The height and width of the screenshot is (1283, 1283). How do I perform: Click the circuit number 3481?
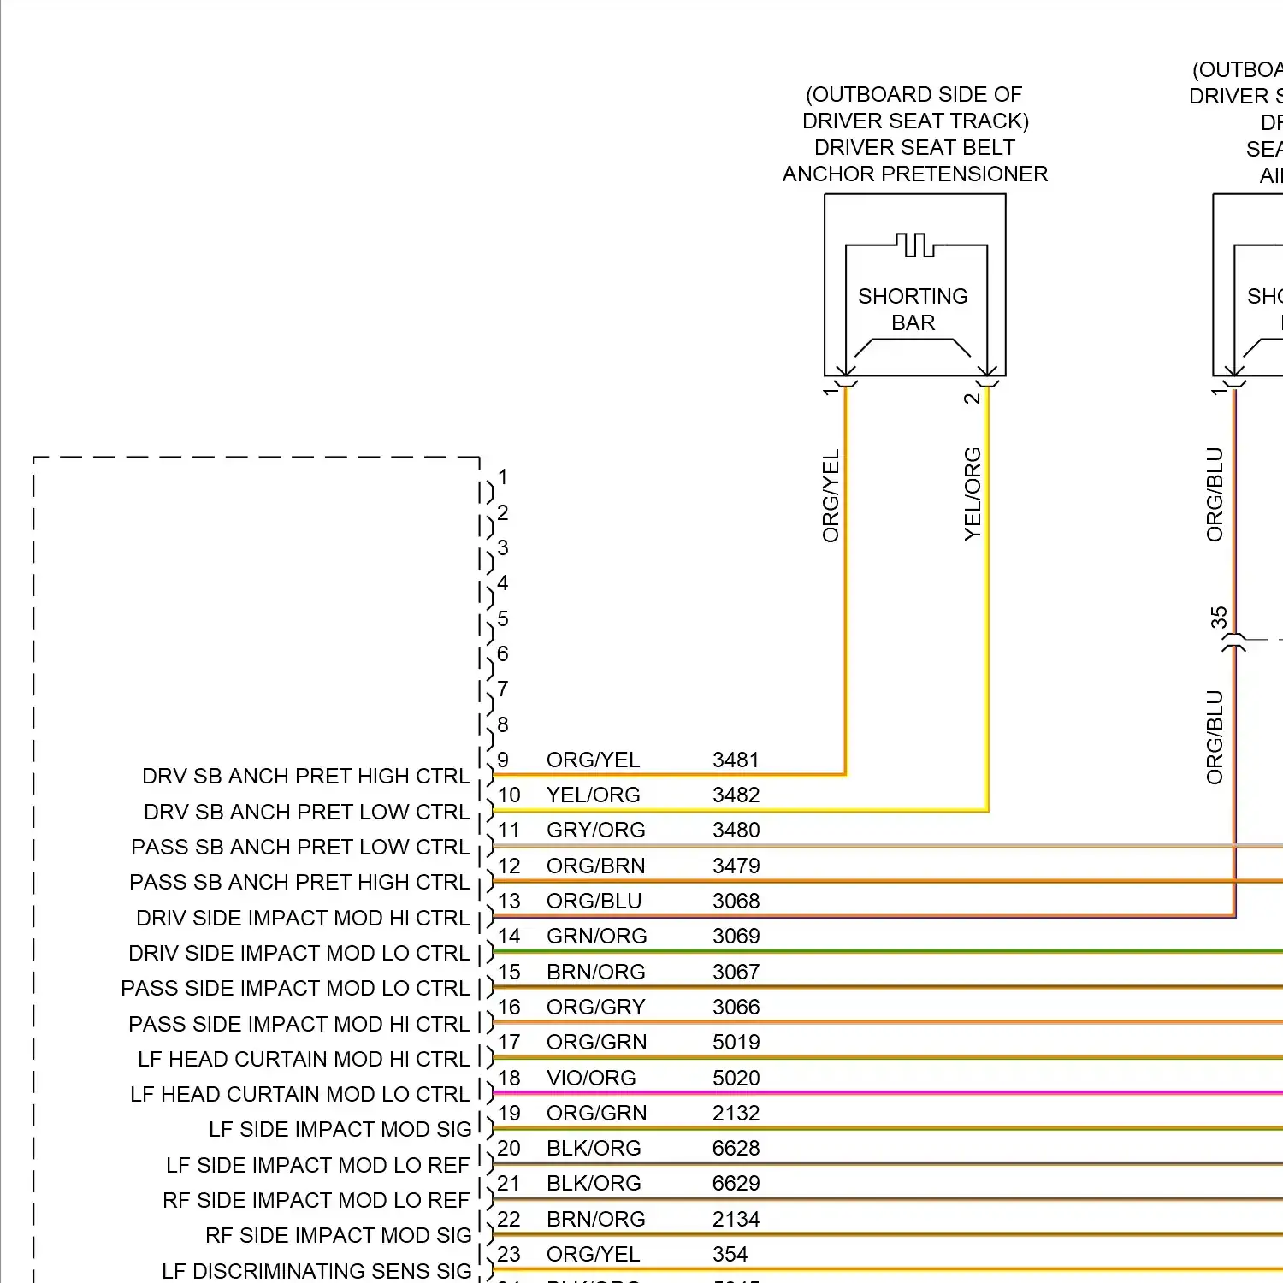tap(736, 760)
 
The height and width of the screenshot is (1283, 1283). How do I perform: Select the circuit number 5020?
tap(736, 1078)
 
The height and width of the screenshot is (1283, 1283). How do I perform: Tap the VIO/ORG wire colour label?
tap(591, 1078)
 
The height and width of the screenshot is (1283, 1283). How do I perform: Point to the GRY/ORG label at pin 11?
tap(595, 830)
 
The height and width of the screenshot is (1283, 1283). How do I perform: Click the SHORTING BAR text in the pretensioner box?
tap(913, 309)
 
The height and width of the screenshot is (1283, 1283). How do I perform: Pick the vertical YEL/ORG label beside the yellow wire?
tap(973, 494)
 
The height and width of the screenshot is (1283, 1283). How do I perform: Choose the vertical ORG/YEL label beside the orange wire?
tap(831, 496)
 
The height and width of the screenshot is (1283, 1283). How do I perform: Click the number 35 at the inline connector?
tap(1219, 618)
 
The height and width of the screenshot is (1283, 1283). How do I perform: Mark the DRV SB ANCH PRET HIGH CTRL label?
tap(305, 776)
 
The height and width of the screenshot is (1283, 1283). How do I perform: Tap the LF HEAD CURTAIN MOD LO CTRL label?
tap(299, 1094)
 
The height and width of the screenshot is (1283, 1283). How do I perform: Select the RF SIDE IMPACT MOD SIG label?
tap(338, 1235)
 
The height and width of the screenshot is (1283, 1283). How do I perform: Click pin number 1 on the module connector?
tap(503, 476)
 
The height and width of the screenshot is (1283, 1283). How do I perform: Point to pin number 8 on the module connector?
tap(503, 724)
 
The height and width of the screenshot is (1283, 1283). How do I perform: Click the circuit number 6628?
tap(736, 1148)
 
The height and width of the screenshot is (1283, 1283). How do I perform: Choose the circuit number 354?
tap(730, 1254)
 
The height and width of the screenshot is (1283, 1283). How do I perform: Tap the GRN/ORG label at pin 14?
tap(596, 936)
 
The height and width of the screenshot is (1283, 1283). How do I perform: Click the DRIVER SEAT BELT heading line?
tap(914, 147)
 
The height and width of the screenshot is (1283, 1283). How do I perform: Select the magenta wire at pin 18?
tap(941, 1092)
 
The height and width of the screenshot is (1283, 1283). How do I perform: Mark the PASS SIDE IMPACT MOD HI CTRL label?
tap(299, 1024)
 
